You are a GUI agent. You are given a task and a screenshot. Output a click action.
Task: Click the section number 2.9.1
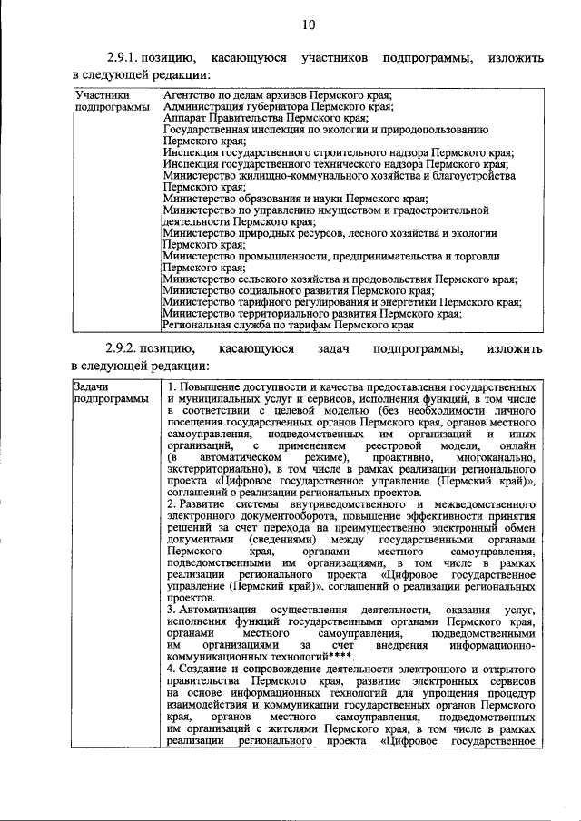(x=124, y=58)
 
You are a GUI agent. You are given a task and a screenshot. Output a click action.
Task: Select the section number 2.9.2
(x=124, y=349)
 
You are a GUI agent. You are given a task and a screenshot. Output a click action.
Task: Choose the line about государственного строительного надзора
(x=337, y=153)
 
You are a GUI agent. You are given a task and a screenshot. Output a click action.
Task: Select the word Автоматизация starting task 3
(x=211, y=609)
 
